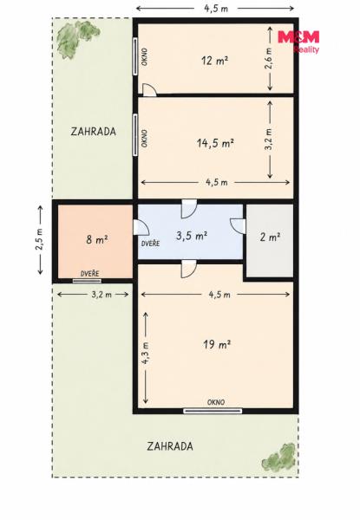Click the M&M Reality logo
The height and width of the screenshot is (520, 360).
click(298, 42)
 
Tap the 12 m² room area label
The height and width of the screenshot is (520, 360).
click(214, 61)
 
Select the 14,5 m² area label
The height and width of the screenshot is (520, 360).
click(215, 143)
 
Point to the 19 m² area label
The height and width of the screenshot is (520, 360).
click(217, 345)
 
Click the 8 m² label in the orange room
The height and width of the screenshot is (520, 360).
click(97, 239)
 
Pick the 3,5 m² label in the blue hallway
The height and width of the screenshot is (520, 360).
click(192, 236)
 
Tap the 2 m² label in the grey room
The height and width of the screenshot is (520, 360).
click(270, 237)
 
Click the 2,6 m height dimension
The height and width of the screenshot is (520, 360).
click(270, 58)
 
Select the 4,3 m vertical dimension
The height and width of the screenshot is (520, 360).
click(145, 356)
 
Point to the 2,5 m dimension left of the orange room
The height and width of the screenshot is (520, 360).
click(40, 240)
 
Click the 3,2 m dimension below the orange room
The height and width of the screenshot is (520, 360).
click(93, 294)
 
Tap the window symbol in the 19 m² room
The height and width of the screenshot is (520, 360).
click(213, 411)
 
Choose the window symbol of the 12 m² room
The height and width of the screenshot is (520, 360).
click(135, 55)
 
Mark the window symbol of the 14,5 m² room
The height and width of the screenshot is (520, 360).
click(135, 134)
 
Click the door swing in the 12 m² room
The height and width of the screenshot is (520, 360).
click(149, 90)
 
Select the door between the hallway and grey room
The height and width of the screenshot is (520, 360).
click(238, 226)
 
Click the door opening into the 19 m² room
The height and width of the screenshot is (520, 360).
click(188, 269)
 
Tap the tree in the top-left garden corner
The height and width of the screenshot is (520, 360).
click(77, 39)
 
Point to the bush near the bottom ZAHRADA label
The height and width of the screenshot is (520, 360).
click(279, 457)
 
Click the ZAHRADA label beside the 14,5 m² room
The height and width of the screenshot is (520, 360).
click(94, 132)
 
